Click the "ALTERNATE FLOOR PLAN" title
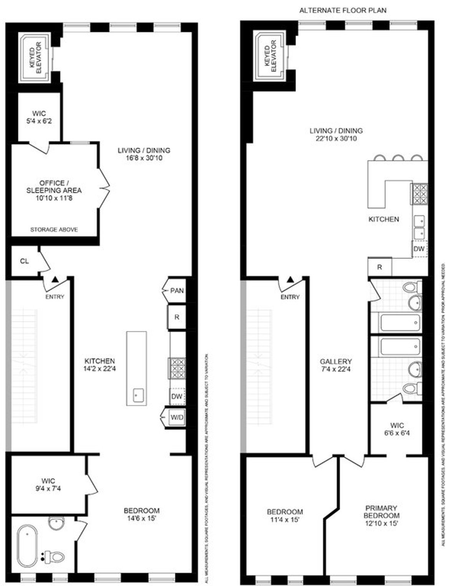(343, 10)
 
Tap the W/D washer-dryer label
(177, 417)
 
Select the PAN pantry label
(177, 290)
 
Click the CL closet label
(24, 261)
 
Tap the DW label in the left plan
(177, 396)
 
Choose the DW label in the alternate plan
(419, 249)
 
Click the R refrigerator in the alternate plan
(380, 267)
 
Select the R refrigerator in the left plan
(177, 317)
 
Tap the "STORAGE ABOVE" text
(54, 230)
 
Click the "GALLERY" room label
(336, 362)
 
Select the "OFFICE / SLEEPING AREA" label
(54, 186)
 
